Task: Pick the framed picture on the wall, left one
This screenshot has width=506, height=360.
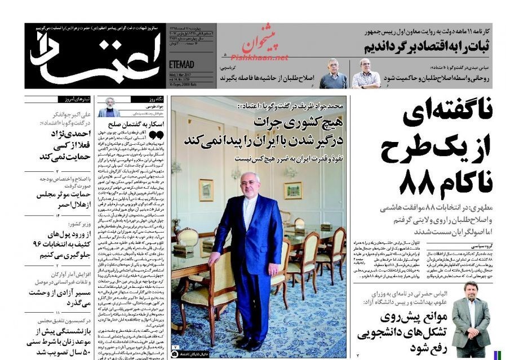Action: point(206,190)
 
